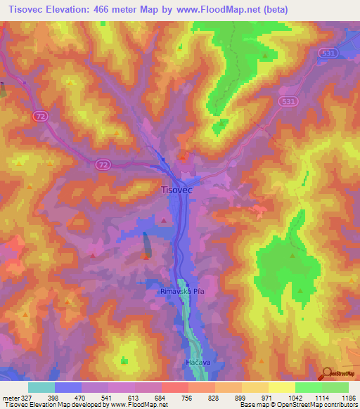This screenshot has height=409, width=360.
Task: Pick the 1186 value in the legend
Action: coord(347,397)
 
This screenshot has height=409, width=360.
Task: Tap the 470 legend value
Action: coord(81,397)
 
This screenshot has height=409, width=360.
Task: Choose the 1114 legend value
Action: coord(321,397)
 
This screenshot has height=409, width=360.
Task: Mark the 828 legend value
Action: coord(214,397)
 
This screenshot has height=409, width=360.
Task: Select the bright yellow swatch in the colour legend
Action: coord(281,387)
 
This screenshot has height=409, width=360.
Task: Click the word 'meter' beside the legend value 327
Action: coord(10,397)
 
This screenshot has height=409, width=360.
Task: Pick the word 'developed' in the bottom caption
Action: coord(82,405)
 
